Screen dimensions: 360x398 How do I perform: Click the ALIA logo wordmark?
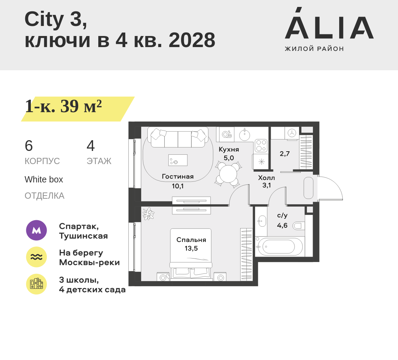pos(329,28)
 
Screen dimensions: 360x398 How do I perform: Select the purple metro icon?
pos(36,230)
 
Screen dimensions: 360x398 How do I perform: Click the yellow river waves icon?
pos(36,257)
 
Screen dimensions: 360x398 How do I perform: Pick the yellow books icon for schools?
pos(36,284)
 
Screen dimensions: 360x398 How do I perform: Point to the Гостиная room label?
pos(178,177)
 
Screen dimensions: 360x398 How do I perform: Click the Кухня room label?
pos(229,150)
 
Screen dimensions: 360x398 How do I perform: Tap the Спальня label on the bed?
pos(191,240)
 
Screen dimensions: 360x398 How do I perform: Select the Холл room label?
pos(266,178)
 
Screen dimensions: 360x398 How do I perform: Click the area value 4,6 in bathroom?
pos(282,226)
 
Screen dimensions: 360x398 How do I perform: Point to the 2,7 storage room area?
pos(284,154)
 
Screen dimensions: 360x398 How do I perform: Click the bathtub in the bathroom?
pos(279,246)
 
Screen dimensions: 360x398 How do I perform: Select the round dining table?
pos(228,174)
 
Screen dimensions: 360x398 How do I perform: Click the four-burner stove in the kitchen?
pos(261,146)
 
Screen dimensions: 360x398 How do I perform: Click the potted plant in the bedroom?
pos(148,214)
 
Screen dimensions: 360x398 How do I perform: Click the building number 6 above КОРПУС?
pos(29,146)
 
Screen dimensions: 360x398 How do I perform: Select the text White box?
pos(44,180)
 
